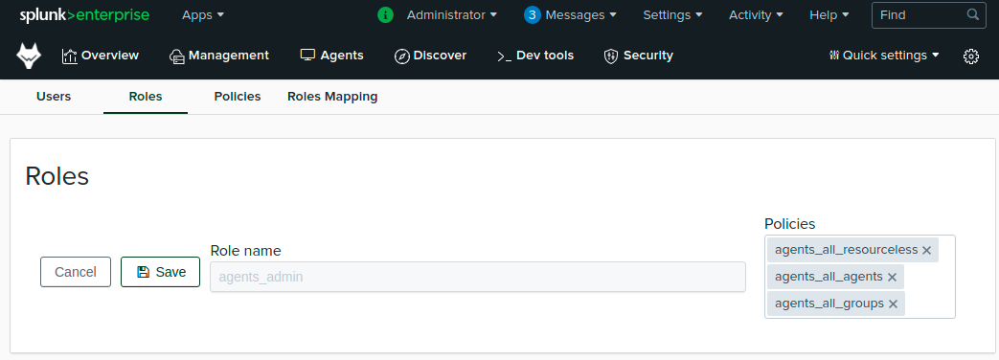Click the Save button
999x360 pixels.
point(160,272)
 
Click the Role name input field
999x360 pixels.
point(477,277)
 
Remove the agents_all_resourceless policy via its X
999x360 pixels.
point(926,250)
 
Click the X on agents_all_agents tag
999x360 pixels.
point(892,277)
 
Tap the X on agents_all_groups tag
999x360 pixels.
point(893,304)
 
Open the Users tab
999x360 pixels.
point(54,97)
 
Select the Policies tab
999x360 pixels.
point(238,97)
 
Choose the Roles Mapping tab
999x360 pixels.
point(332,97)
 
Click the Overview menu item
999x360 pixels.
point(101,56)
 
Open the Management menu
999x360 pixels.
point(218,56)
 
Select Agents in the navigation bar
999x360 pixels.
point(331,56)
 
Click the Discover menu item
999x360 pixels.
point(430,56)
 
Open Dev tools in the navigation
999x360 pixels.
point(535,56)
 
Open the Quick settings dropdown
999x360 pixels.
point(884,56)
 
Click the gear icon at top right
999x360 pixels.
point(970,56)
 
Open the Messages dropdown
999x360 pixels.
point(570,15)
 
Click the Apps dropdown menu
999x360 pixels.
point(203,15)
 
